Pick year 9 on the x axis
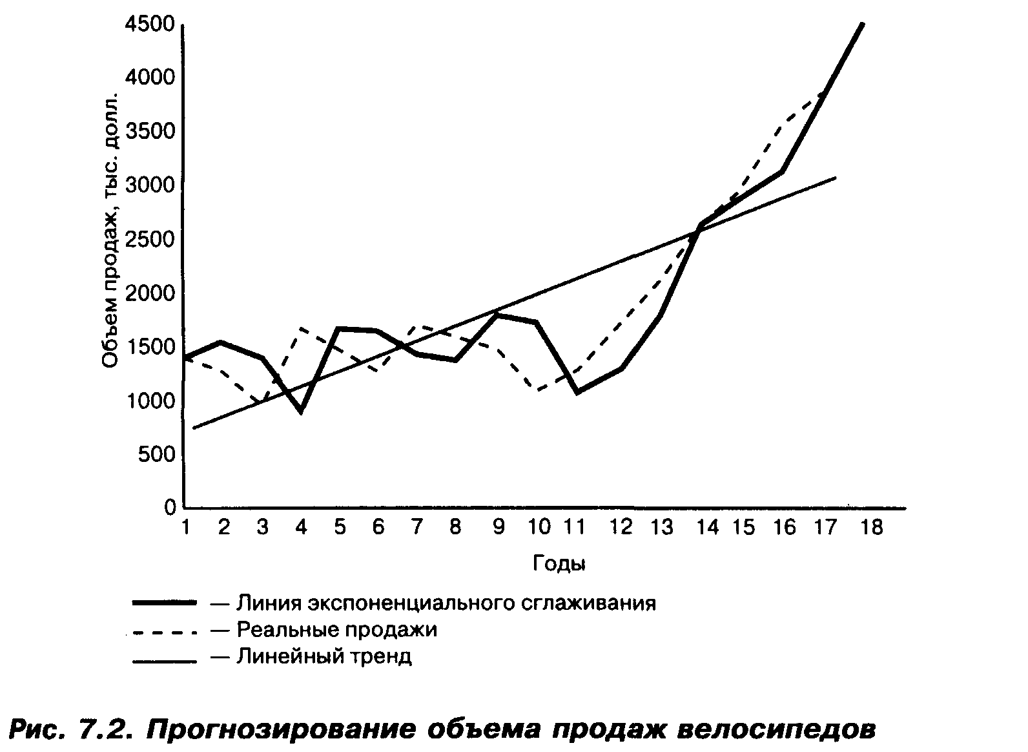point(499,528)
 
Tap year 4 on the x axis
point(301,528)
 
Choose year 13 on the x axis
point(661,528)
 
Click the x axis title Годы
point(559,563)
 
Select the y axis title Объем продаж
point(111,233)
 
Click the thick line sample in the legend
point(163,602)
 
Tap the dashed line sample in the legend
point(163,632)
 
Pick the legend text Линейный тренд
point(324,657)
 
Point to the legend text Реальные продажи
point(336,629)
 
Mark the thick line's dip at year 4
point(301,411)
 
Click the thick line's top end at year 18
point(862,24)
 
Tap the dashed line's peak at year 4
point(301,328)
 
